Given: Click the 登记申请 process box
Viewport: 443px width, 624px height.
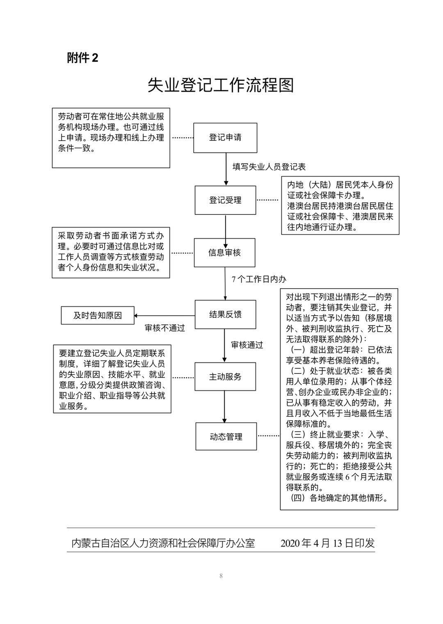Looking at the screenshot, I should [225, 138].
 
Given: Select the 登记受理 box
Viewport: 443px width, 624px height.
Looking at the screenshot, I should [225, 200].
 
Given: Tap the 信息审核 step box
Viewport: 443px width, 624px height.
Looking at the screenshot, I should [224, 253].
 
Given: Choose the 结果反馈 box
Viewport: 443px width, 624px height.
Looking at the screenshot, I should [225, 314].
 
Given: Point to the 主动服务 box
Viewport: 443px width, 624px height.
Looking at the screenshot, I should [225, 377].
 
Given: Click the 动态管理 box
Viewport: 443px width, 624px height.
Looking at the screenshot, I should [226, 437].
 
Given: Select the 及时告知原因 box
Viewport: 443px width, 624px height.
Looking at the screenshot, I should [98, 316].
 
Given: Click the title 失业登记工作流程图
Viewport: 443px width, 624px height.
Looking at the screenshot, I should [221, 85].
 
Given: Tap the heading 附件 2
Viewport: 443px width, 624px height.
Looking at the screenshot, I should [83, 58].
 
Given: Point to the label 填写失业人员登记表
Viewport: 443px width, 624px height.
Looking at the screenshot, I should [269, 167].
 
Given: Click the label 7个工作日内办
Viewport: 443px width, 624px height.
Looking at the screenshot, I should [259, 279].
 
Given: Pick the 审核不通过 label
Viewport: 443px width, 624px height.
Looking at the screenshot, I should [165, 328].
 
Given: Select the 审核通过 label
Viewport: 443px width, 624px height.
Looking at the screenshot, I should [247, 345].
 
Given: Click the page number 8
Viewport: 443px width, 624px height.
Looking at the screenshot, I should [221, 576].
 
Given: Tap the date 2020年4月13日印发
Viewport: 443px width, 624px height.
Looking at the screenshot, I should [327, 543].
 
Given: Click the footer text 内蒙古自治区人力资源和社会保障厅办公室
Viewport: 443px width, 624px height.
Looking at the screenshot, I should [163, 543].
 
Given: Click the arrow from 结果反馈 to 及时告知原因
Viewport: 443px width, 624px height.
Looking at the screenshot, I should [164, 316].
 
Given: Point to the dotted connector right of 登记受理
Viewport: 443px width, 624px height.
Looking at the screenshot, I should [267, 200].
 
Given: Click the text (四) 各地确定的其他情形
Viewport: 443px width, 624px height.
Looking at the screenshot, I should [338, 498].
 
